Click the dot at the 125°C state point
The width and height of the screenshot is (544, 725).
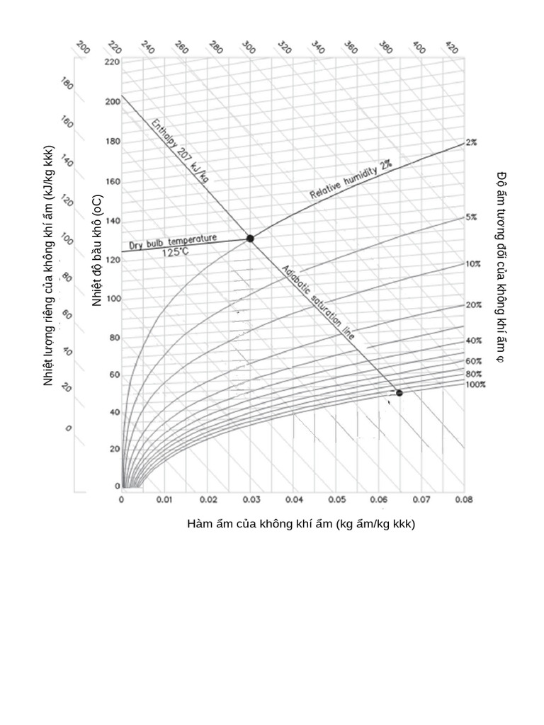tap(250, 239)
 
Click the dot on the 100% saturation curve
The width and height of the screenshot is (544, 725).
tap(399, 393)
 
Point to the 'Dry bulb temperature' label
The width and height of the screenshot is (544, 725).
tap(173, 242)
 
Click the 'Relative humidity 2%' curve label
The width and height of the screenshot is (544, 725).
tap(351, 179)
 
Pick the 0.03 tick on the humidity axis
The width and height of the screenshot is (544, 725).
tap(251, 500)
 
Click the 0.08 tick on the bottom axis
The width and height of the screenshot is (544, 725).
tap(464, 500)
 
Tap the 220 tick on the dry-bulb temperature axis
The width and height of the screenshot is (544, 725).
tap(113, 62)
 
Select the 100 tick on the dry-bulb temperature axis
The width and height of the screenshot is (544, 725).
tap(113, 299)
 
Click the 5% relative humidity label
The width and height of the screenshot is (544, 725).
tap(471, 217)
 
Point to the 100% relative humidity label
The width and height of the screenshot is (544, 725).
tap(475, 384)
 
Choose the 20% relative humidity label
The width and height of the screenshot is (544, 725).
tap(473, 304)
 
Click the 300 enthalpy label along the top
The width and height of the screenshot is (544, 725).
tap(248, 48)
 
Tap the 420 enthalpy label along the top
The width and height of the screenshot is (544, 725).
tap(451, 48)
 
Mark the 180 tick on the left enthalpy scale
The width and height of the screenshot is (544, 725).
tap(68, 84)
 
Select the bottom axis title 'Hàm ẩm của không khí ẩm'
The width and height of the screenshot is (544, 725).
tap(301, 525)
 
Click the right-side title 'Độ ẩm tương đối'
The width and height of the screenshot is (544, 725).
tap(501, 266)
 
